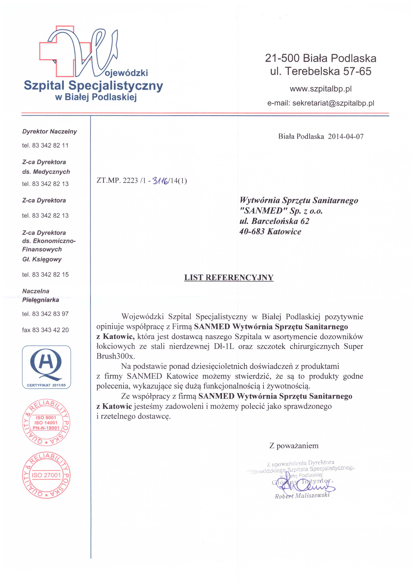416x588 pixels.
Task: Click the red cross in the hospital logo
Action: tap(57, 51)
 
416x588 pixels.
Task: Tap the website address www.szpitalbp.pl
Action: tap(320, 89)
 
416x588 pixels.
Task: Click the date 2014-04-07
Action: tap(346, 136)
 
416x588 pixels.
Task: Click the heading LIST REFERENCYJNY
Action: tap(229, 278)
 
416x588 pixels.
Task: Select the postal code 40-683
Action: tap(252, 232)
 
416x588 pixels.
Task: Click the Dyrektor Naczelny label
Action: tap(49, 132)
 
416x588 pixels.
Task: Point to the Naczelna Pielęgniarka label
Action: tap(40, 296)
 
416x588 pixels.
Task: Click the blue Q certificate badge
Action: tap(46, 367)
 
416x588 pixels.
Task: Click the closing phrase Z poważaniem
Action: tap(294, 446)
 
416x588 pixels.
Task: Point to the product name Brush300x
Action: tap(116, 356)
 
